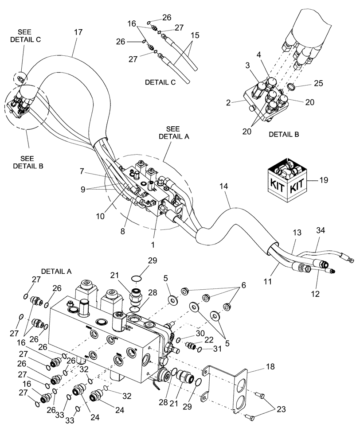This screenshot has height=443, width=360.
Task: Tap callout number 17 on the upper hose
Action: (x=79, y=32)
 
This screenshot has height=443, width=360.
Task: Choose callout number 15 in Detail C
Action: (x=196, y=35)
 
